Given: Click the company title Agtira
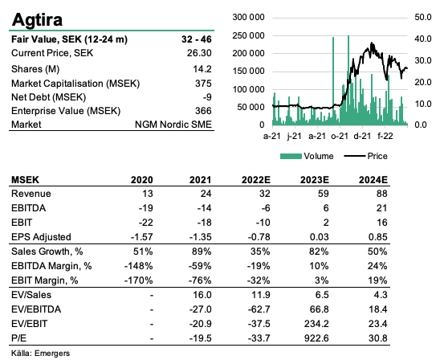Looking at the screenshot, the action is pos(37,19).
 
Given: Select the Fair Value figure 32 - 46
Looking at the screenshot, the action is pos(197,39).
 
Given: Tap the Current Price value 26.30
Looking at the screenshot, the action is pos(199,53).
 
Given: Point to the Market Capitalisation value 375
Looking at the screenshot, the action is pos(203,84).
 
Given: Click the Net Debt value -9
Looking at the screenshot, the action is pos(207,97).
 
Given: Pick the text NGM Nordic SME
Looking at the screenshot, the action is pos(173,125).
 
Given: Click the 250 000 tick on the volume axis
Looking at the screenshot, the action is pos(248,35).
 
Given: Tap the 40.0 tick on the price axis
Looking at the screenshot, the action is pos(423,39).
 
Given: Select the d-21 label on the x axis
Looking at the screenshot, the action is pos(362,136).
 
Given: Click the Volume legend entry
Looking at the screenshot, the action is pos(307,156).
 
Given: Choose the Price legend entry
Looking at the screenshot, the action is pos(366,156).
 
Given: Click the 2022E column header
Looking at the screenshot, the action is pos(256,180).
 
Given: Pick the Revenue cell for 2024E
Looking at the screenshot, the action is pos(382,194).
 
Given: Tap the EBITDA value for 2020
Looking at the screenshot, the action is pos(145,208).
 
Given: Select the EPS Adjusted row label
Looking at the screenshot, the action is pos(41,237).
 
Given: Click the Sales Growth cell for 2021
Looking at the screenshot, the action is pos(202,252).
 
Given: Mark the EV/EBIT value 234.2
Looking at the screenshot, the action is pos(316,324).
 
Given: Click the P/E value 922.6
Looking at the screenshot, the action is pos(316,338).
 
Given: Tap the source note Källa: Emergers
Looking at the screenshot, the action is pos(40,354).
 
